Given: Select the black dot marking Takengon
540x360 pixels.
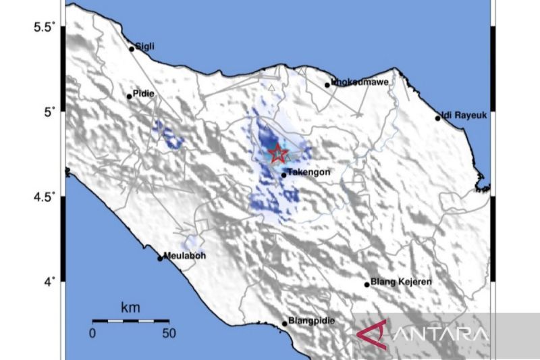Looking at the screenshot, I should tap(284, 176).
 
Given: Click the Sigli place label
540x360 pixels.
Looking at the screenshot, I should tap(145, 46).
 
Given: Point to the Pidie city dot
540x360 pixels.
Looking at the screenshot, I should tap(130, 97).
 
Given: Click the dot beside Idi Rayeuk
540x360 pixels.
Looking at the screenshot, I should tap(438, 119).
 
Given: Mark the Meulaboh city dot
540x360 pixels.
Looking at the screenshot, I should tap(160, 258).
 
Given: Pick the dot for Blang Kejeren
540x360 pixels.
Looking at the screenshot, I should tap(367, 284).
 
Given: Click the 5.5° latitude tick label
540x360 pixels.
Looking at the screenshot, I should tap(45, 28).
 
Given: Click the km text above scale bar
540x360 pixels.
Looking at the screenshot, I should tap(130, 308).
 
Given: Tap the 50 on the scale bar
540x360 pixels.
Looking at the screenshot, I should tap(168, 333).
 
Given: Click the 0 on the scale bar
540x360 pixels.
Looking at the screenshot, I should tap(92, 333).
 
